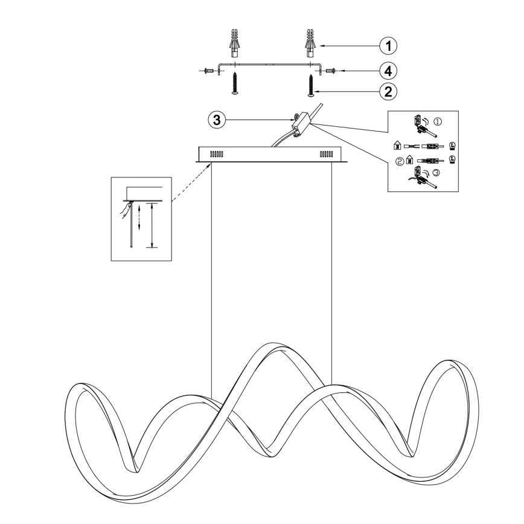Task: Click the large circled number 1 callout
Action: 388,45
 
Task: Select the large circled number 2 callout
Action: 388,91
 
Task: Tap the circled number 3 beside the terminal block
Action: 217,120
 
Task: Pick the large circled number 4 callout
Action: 388,71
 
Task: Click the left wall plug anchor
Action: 235,43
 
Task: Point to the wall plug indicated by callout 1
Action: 310,43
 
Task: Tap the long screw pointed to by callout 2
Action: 311,86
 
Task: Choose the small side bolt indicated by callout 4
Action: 330,71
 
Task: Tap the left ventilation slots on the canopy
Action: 217,155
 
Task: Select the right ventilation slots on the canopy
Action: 326,155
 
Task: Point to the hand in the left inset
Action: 126,210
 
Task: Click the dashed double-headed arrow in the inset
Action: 139,217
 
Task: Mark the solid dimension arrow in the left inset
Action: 152,225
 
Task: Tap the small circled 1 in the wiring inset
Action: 438,122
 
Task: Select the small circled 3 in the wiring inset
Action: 436,173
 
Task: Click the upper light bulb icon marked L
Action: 452,145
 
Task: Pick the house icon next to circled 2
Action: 409,161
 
